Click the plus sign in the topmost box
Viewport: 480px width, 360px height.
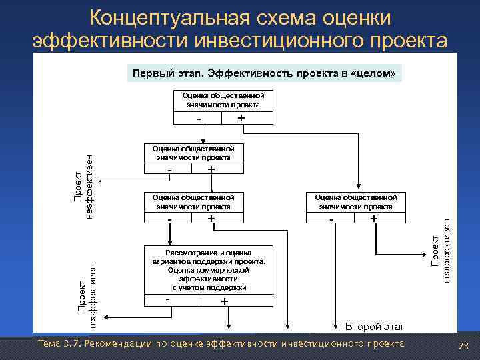coord(241,117)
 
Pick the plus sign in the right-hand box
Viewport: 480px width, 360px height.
coord(374,219)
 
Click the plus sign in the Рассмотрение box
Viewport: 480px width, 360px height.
coord(224,301)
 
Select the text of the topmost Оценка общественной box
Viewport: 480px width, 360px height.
coord(223,100)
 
